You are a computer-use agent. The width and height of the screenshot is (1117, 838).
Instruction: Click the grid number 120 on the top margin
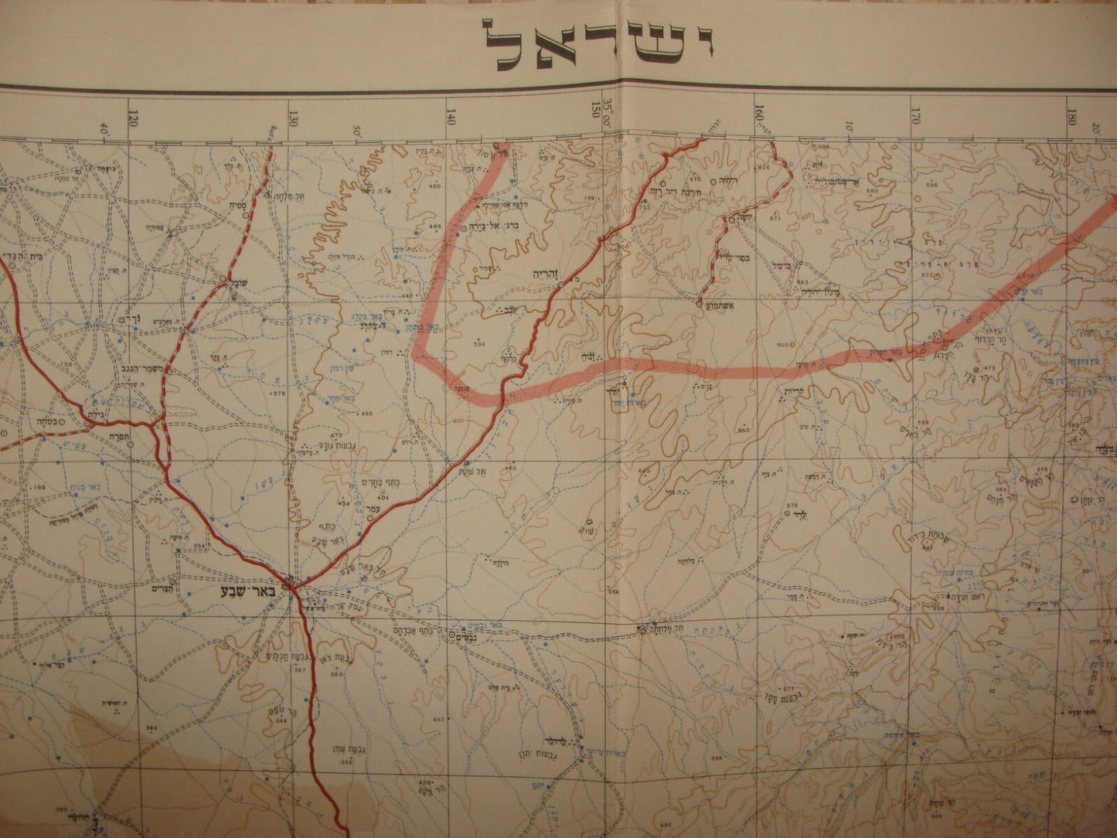(135, 118)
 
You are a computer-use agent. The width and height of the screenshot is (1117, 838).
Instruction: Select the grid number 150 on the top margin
(596, 109)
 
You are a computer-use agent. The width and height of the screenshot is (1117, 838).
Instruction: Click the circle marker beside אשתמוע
(700, 305)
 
